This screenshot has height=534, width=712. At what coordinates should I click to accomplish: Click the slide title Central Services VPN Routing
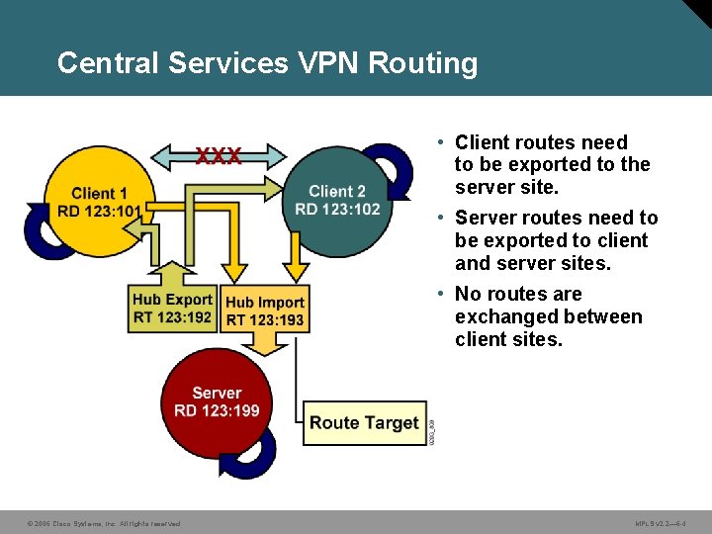(267, 63)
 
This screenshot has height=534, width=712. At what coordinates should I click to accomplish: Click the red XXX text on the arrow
(218, 156)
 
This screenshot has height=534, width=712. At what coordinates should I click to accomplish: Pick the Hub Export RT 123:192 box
(172, 308)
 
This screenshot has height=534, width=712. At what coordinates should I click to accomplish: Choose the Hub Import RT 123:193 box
(265, 311)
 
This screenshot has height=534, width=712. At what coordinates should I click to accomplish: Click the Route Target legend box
(364, 423)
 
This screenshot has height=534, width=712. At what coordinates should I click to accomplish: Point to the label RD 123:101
(99, 210)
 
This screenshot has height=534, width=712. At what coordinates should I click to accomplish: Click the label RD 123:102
(337, 209)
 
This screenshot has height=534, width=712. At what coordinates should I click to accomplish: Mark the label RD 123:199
(217, 410)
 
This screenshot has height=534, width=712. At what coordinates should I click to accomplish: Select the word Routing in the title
(422, 63)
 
